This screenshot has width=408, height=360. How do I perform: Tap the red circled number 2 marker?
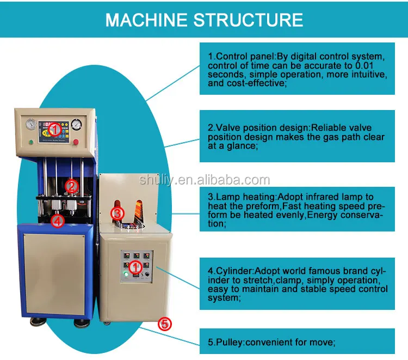coord(71,186)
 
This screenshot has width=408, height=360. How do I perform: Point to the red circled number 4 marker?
coord(58,220)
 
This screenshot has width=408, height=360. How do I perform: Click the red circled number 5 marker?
coord(165,324)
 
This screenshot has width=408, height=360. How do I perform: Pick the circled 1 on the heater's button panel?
coord(137,266)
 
